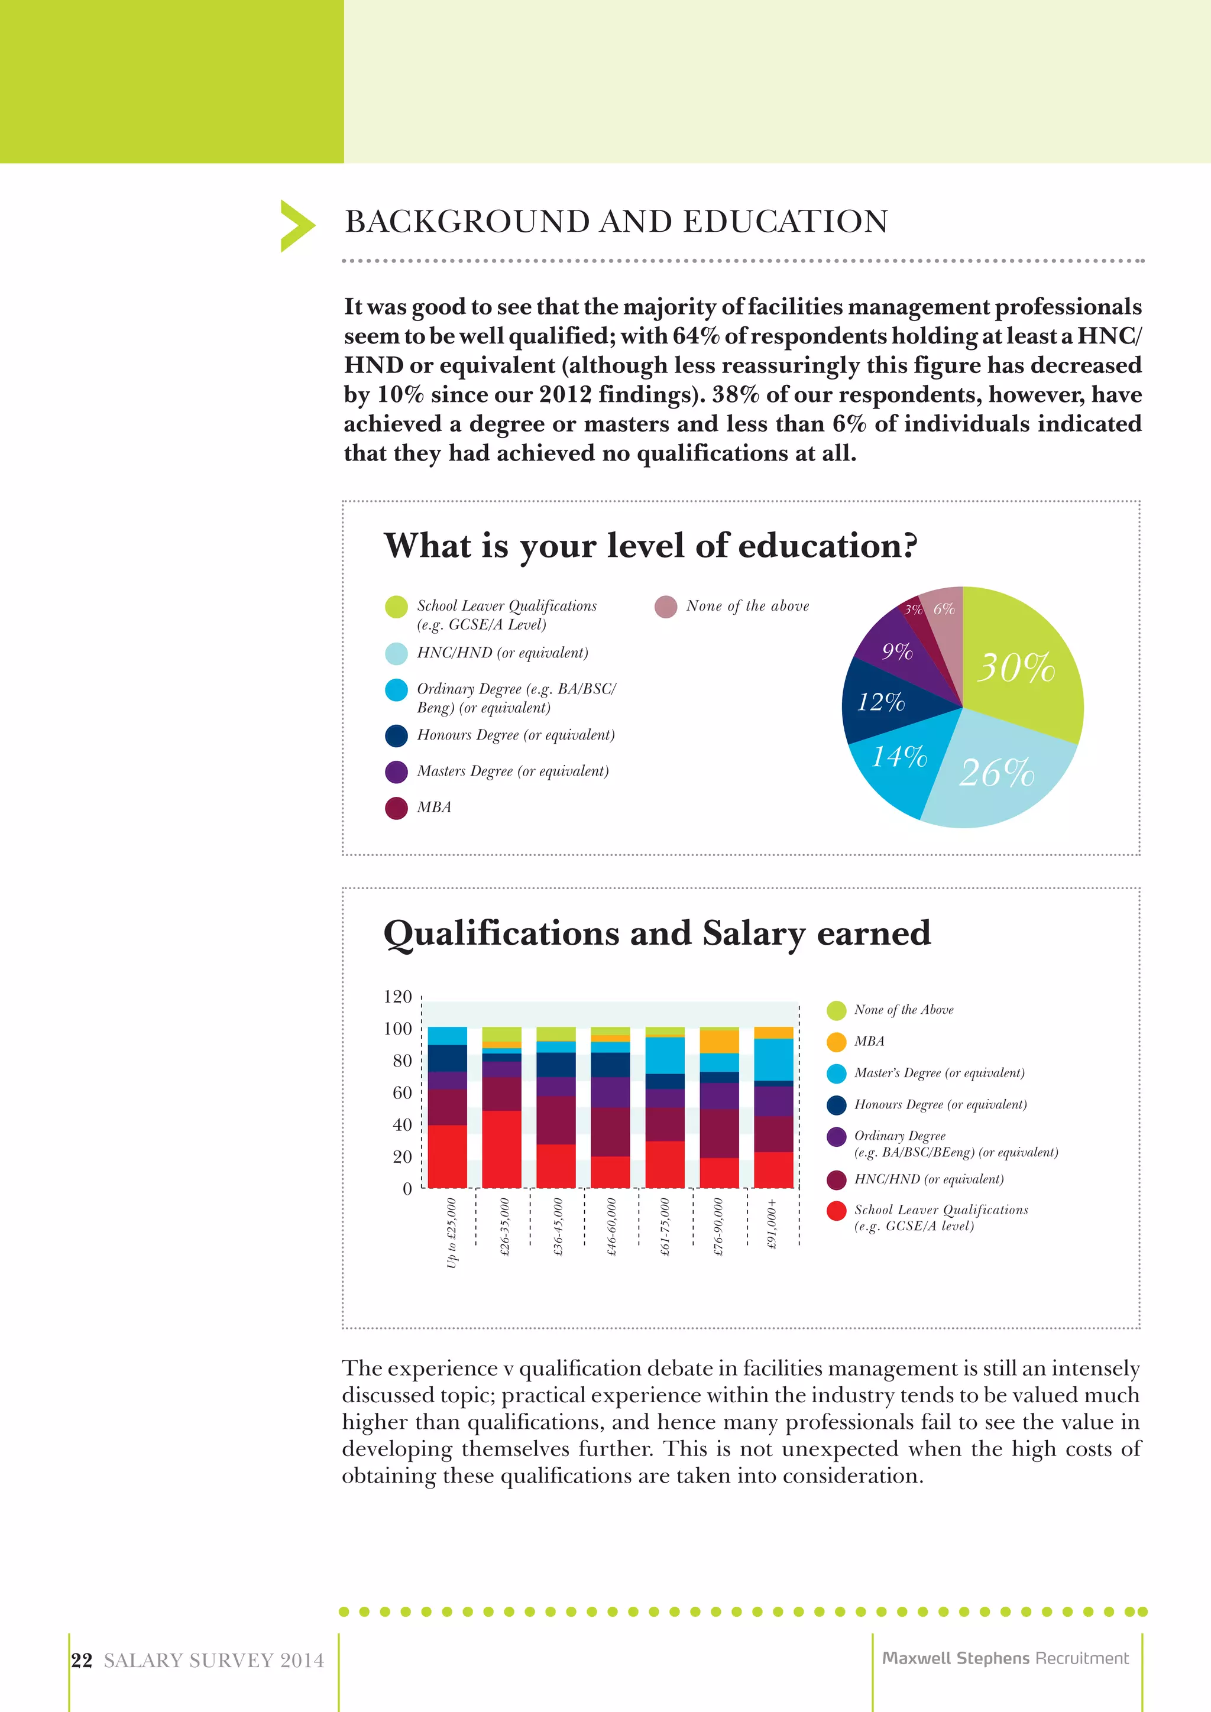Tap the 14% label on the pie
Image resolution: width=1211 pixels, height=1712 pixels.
pyautogui.click(x=899, y=757)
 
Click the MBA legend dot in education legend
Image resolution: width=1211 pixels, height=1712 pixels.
pyautogui.click(x=396, y=808)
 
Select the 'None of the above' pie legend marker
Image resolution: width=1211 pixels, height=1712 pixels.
pyautogui.click(x=665, y=606)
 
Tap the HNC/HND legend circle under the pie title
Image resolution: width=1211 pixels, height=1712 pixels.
pyautogui.click(x=396, y=653)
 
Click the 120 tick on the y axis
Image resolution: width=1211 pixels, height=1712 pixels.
pyautogui.click(x=397, y=997)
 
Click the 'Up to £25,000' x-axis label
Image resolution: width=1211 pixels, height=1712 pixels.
pyautogui.click(x=451, y=1232)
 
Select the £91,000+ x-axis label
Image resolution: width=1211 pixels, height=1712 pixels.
pyautogui.click(x=772, y=1224)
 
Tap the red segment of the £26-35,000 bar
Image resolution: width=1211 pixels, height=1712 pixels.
pyautogui.click(x=501, y=1149)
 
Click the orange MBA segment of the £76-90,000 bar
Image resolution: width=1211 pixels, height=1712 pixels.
pyautogui.click(x=719, y=1042)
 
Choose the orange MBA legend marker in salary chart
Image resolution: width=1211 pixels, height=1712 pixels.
pyautogui.click(x=837, y=1042)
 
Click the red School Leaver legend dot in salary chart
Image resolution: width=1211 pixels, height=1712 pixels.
pyautogui.click(x=837, y=1211)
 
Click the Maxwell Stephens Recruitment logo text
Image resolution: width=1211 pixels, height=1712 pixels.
pyautogui.click(x=1005, y=1658)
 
